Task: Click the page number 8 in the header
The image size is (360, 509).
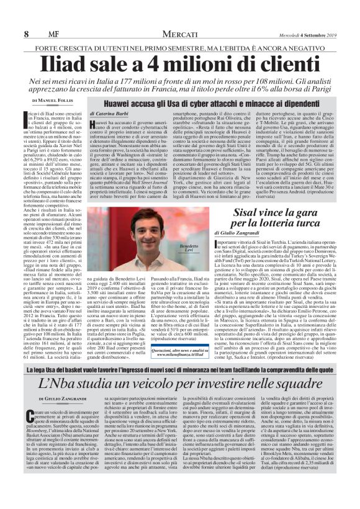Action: [26, 16]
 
